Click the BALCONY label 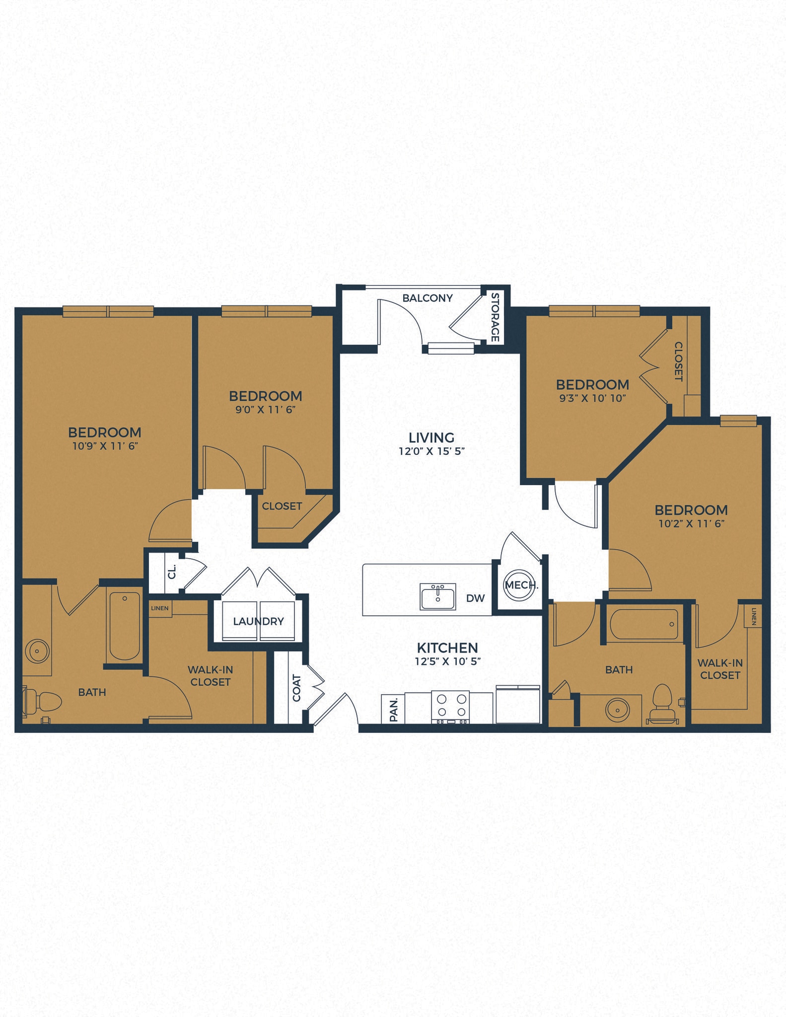(x=428, y=298)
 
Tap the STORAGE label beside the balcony (x=495, y=317)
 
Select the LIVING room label (x=431, y=437)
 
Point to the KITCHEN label (x=447, y=648)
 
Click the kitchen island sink (x=437, y=596)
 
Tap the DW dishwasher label (x=475, y=598)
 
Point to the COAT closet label (x=296, y=688)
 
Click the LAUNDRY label (x=258, y=621)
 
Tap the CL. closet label (x=172, y=572)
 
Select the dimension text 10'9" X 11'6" (x=105, y=446)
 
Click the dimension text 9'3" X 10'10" (x=592, y=398)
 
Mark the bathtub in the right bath (x=644, y=624)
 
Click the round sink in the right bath (x=617, y=710)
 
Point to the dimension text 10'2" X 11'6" (x=691, y=523)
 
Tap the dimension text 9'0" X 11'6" (x=266, y=410)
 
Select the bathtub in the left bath (x=124, y=626)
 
